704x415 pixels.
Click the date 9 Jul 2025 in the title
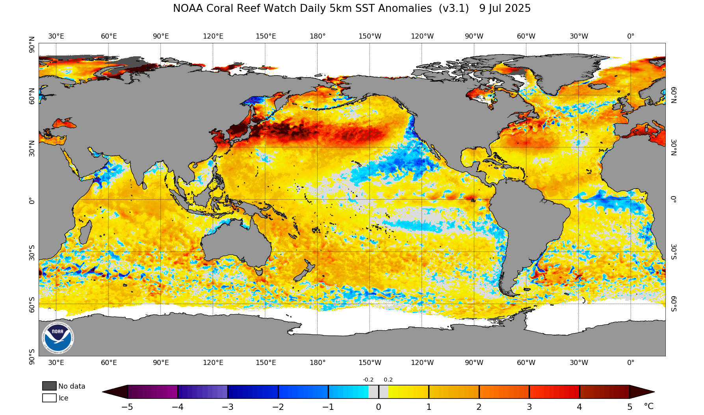coord(505,8)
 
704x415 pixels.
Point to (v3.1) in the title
coord(453,8)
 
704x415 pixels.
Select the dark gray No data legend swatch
coord(49,386)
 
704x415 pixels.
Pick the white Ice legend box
coord(49,398)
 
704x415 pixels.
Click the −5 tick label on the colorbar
coord(127,407)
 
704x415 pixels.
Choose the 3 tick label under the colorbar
coord(529,407)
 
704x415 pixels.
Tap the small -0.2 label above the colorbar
coord(368,380)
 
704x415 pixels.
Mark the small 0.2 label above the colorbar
coord(388,380)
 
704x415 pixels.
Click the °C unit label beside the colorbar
coord(648,406)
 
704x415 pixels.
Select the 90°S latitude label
coord(32,356)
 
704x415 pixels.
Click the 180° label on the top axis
coord(318,36)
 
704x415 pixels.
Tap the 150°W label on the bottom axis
coord(370,363)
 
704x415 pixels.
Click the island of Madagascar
coord(84,232)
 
